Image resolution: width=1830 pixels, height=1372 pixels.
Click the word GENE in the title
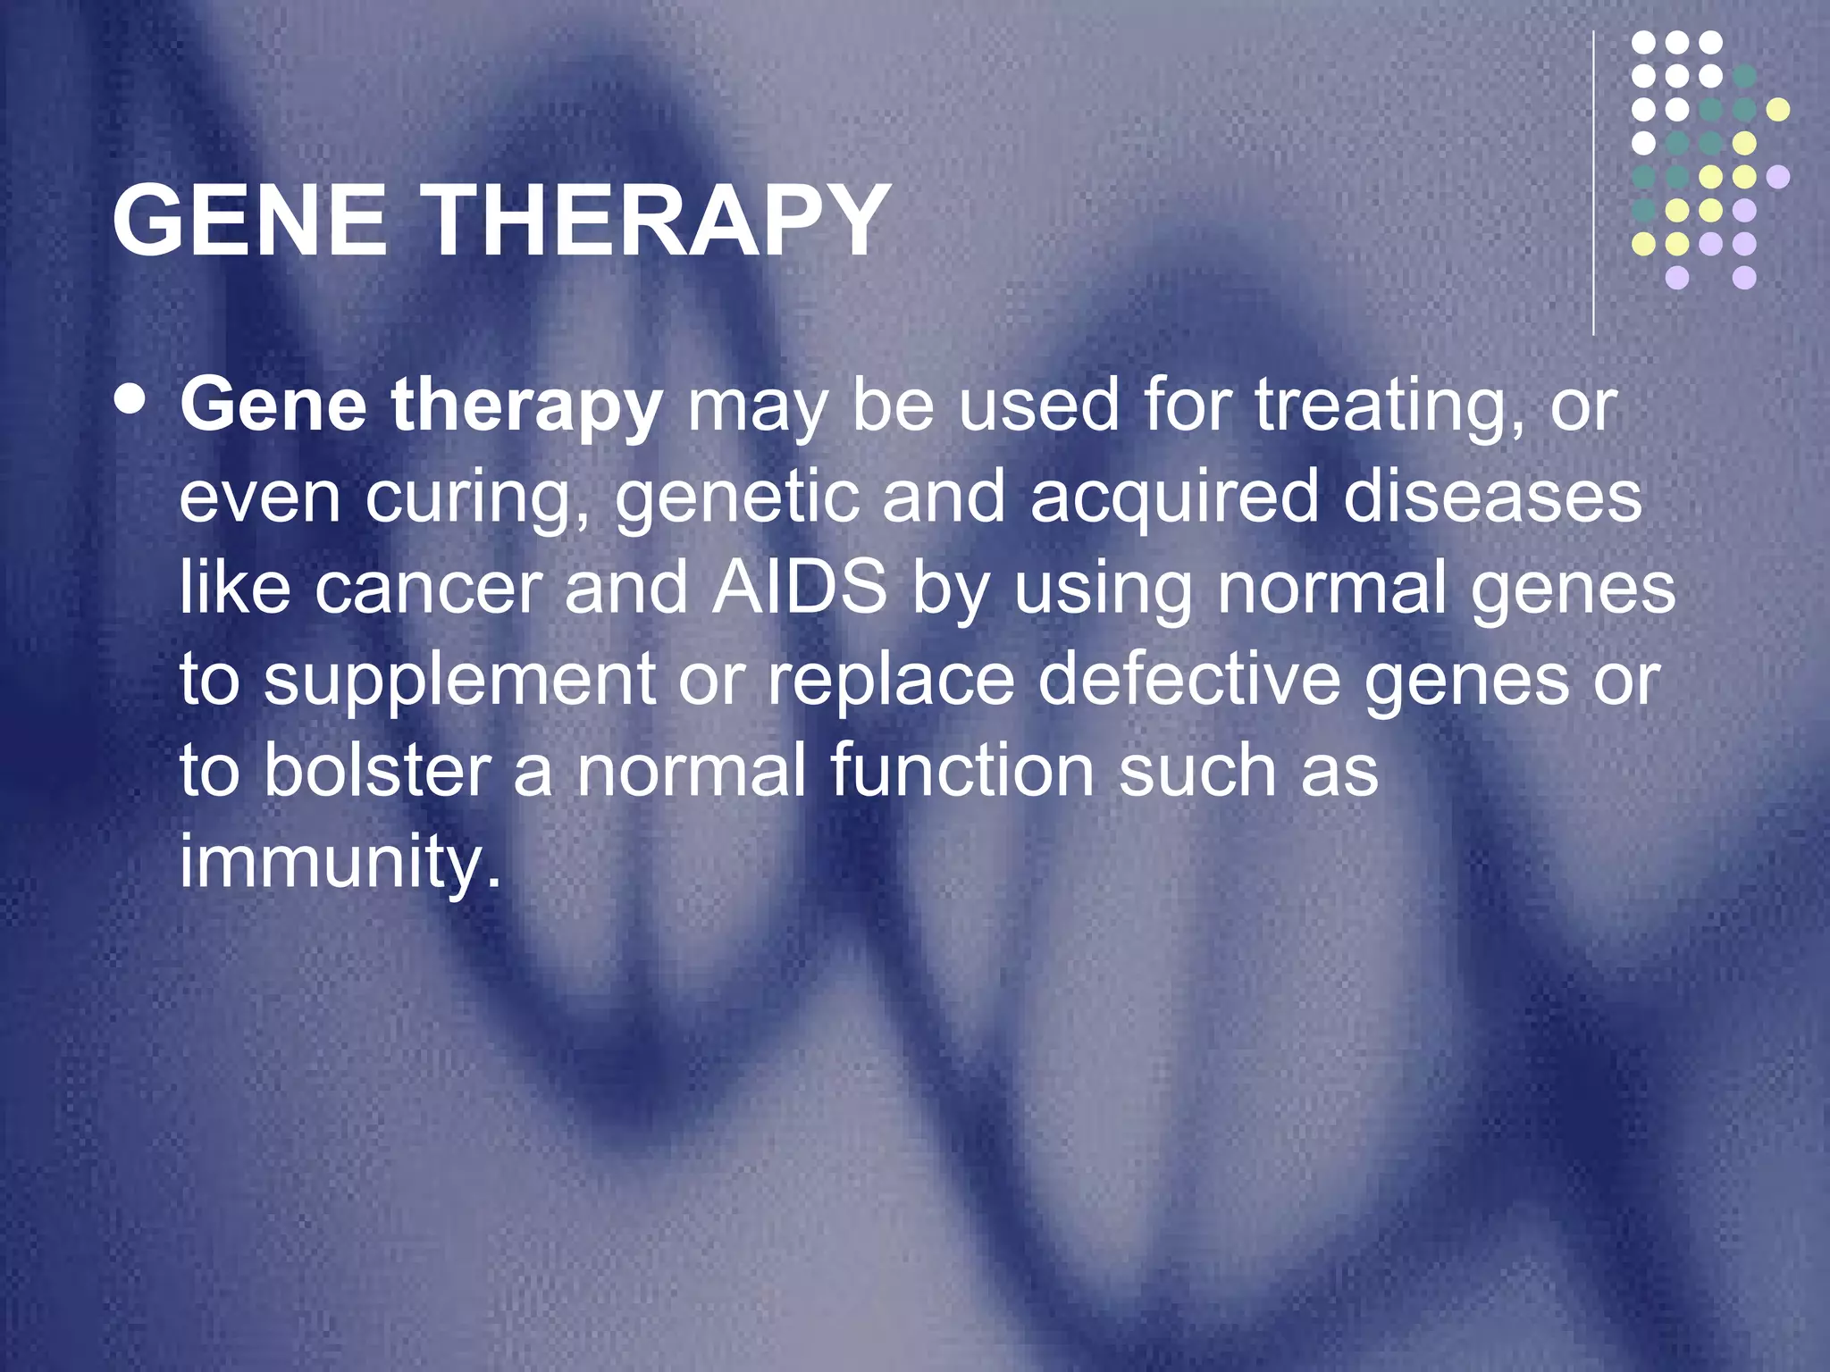[x=249, y=221]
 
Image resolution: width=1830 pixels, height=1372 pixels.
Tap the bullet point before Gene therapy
[x=131, y=401]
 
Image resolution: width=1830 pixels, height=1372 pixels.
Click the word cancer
[x=428, y=589]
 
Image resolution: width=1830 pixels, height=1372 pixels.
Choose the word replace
[x=891, y=682]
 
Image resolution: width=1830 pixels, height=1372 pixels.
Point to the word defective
[x=1188, y=680]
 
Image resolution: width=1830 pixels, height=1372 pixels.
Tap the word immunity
[x=339, y=863]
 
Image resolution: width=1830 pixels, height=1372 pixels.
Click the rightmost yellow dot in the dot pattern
[x=1778, y=110]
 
